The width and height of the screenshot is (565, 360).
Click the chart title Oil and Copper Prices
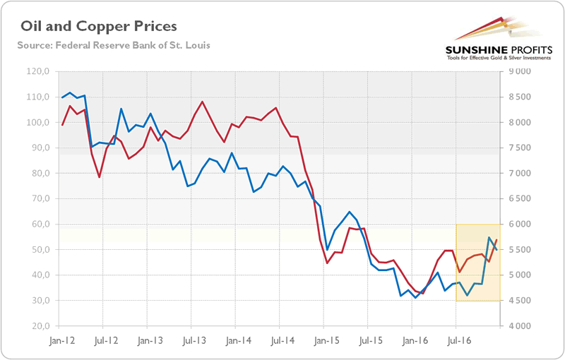click(99, 27)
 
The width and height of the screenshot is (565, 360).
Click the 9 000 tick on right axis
click(519, 71)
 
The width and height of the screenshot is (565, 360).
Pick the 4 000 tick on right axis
click(519, 326)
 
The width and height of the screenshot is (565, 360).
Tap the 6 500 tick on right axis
click(519, 199)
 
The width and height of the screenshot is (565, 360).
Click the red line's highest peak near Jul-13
click(203, 102)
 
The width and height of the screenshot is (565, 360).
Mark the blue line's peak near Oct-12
click(121, 109)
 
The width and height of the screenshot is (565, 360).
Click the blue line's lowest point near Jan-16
click(415, 297)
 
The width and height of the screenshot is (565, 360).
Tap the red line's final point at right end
click(497, 240)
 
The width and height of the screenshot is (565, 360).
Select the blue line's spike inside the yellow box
click(489, 238)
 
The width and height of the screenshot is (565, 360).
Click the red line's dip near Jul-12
click(100, 176)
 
